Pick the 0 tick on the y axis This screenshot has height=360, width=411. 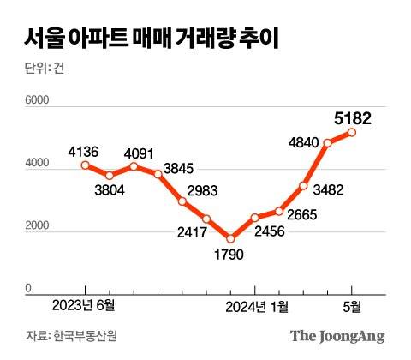click(x=28, y=290)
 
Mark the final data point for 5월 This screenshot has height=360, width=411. click(x=352, y=132)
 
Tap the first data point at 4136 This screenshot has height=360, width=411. click(x=84, y=165)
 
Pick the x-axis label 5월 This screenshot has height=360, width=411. click(x=352, y=306)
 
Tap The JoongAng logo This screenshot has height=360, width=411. click(x=337, y=335)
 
